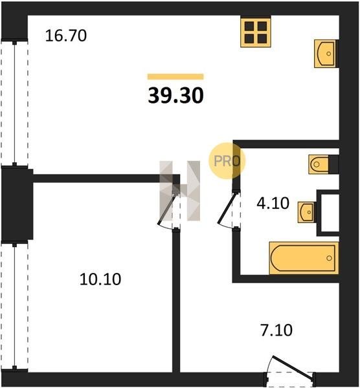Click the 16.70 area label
click(x=66, y=36)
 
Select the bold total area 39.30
click(x=175, y=96)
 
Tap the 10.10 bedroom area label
click(x=100, y=279)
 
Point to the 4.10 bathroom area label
click(x=273, y=203)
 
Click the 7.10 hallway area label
click(x=276, y=330)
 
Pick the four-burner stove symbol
click(x=256, y=32)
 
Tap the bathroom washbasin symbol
click(x=307, y=212)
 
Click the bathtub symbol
click(x=304, y=258)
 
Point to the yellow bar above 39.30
click(x=175, y=77)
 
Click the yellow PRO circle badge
click(x=227, y=161)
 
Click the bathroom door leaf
click(x=227, y=208)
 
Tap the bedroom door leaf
click(x=167, y=208)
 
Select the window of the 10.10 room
click(x=15, y=307)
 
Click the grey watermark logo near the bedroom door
click(x=179, y=191)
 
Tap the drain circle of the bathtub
click(x=329, y=258)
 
